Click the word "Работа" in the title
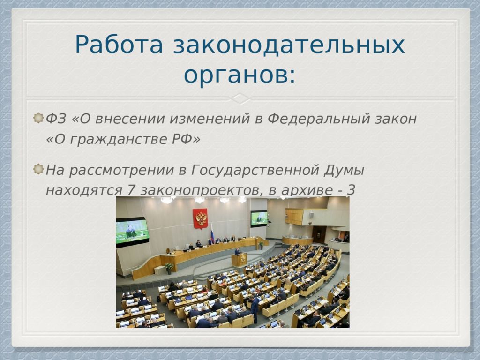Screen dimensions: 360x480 [119, 45]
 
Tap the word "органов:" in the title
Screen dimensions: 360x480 [240, 75]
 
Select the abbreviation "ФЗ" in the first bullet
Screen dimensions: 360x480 [56, 119]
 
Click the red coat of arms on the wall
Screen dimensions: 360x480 [200, 218]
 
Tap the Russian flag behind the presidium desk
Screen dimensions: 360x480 [212, 233]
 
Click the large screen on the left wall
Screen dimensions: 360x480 [132, 232]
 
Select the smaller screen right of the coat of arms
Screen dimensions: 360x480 [259, 218]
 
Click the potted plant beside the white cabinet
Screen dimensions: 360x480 [169, 267]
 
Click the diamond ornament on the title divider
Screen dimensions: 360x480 [240, 98]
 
